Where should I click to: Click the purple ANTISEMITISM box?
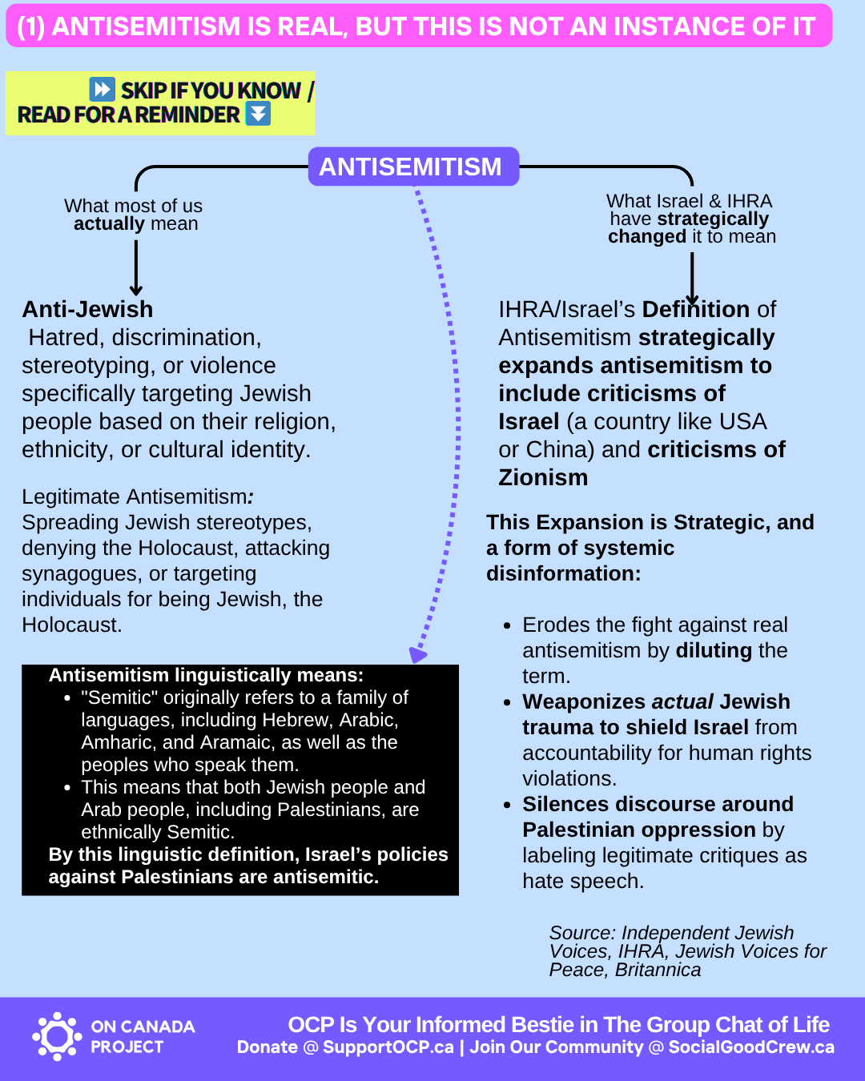click(413, 167)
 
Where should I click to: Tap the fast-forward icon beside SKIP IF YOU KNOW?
click(102, 89)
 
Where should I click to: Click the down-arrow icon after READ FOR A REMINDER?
click(258, 114)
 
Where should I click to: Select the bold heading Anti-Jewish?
click(87, 309)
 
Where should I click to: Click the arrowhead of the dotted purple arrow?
click(417, 654)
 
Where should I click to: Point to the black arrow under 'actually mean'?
click(136, 268)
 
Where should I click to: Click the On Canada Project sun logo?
click(57, 1036)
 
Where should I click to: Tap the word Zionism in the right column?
click(543, 477)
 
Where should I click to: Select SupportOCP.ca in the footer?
click(388, 1047)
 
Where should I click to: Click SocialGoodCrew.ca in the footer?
click(750, 1047)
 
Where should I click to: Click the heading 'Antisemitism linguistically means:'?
click(206, 675)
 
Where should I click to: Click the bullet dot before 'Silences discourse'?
click(507, 805)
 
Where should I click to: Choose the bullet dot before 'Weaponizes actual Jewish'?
click(507, 702)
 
